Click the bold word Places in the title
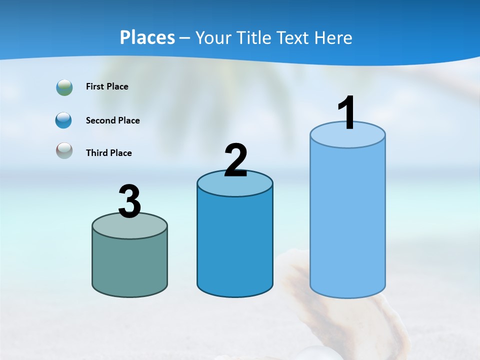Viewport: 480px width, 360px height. tap(147, 37)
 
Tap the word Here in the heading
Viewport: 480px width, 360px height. tap(333, 37)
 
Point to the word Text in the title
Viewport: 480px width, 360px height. tap(293, 37)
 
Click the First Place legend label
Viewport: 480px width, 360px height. tap(107, 86)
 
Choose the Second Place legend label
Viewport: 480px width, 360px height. tap(112, 120)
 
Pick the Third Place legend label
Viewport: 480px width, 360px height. tap(108, 153)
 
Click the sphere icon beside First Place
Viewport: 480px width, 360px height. tap(64, 87)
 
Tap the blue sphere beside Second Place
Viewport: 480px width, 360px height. tap(63, 120)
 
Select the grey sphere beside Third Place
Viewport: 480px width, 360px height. tap(64, 150)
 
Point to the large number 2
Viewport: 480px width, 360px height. tap(236, 160)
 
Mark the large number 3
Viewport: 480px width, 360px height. tap(130, 202)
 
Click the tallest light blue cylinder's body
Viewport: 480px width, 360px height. tap(347, 220)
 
